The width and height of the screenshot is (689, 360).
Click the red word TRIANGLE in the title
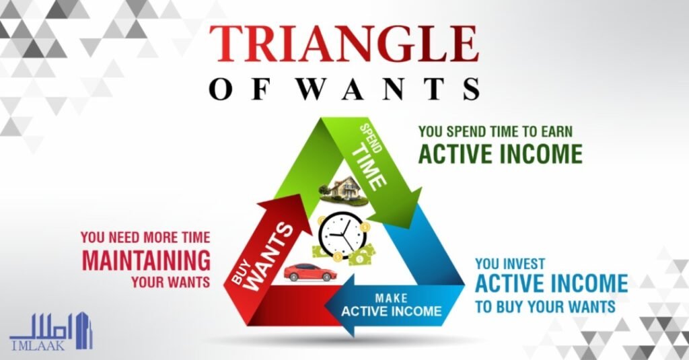(344, 44)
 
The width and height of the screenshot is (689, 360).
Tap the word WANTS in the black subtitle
(390, 89)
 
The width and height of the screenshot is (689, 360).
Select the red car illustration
(310, 273)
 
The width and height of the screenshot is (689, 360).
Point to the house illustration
(344, 190)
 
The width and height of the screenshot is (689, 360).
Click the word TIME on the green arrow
(369, 167)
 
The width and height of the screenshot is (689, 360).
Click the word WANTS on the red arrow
(269, 257)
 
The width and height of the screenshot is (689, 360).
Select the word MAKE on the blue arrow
(391, 299)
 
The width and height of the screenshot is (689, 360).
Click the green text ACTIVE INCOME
(500, 153)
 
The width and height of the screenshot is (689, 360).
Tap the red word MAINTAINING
(146, 260)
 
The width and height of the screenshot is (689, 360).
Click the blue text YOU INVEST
(510, 264)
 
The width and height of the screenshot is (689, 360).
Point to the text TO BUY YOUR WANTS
(545, 306)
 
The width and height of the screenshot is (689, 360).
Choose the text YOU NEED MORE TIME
(145, 238)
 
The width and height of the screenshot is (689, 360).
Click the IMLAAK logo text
(37, 345)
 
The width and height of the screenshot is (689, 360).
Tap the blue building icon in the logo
(83, 330)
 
